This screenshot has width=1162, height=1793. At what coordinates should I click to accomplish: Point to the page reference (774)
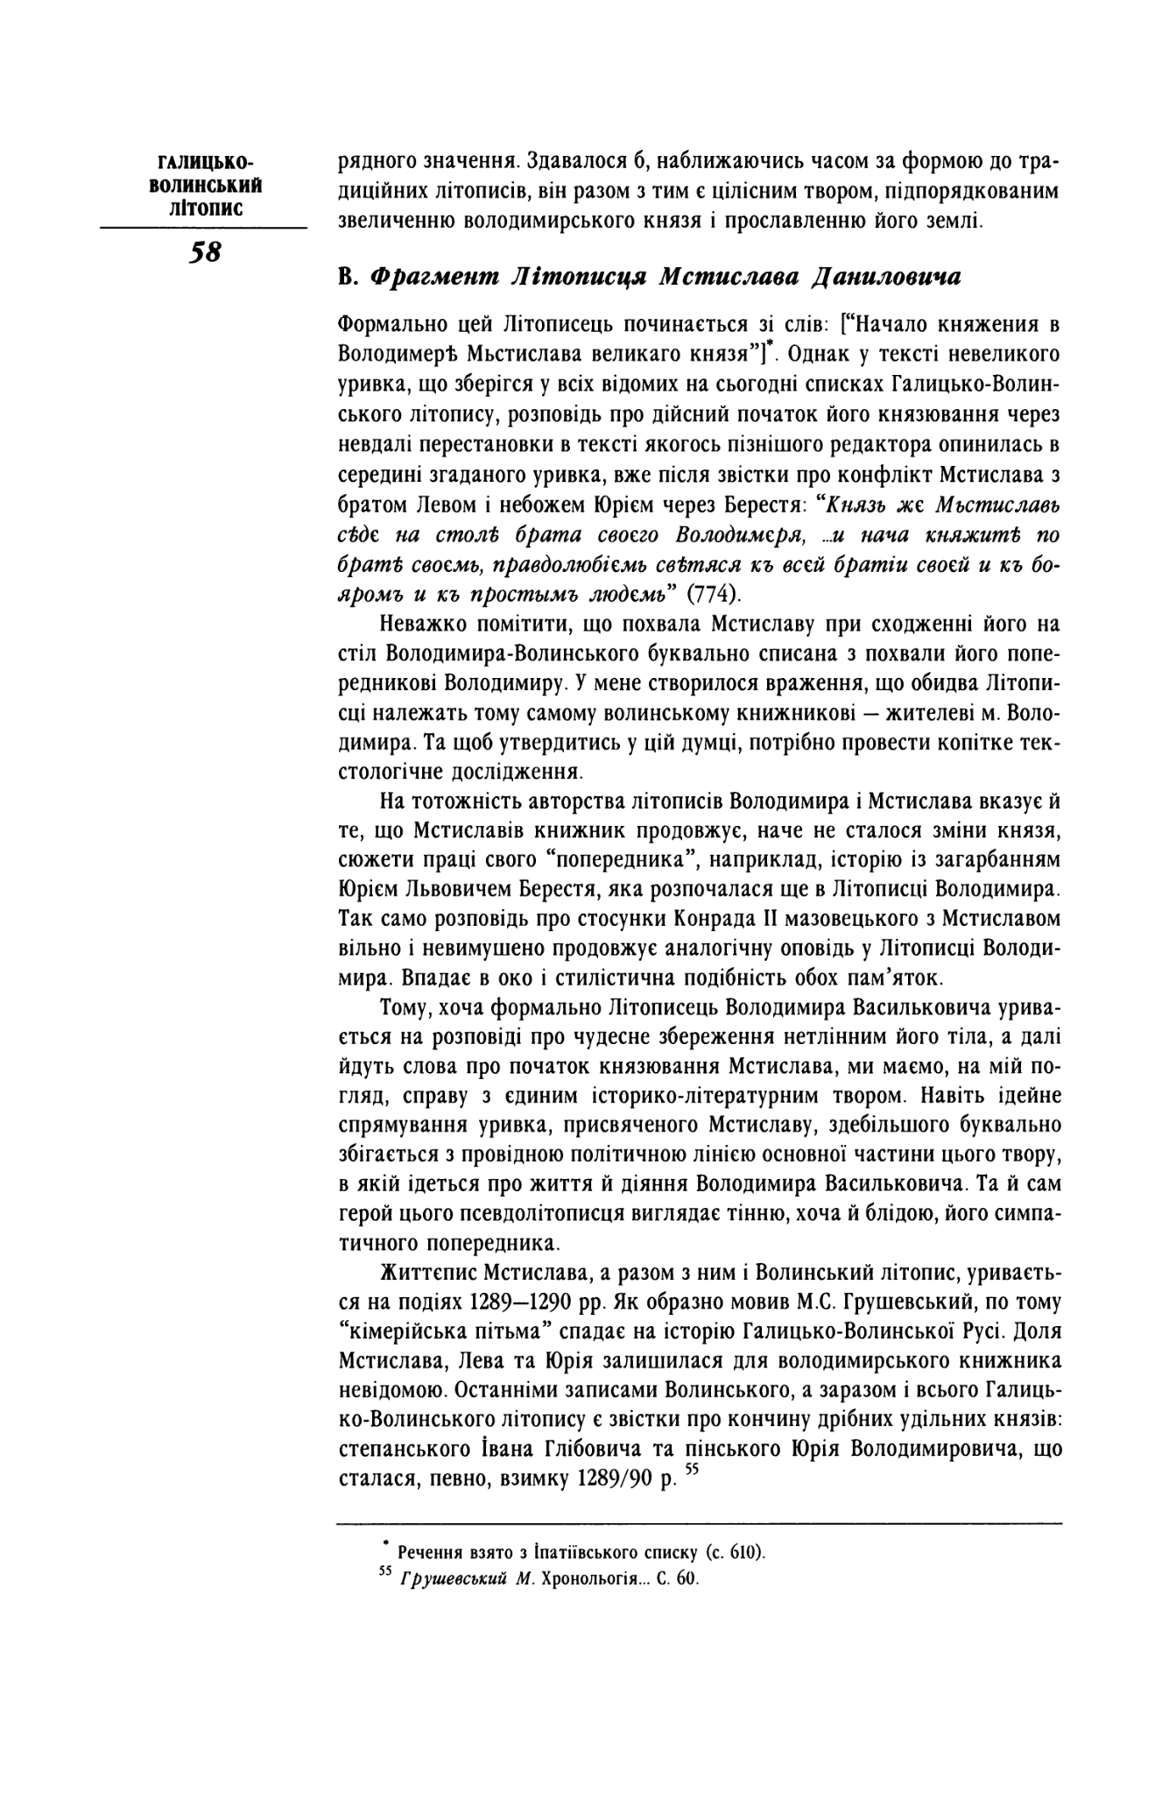pos(713,593)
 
